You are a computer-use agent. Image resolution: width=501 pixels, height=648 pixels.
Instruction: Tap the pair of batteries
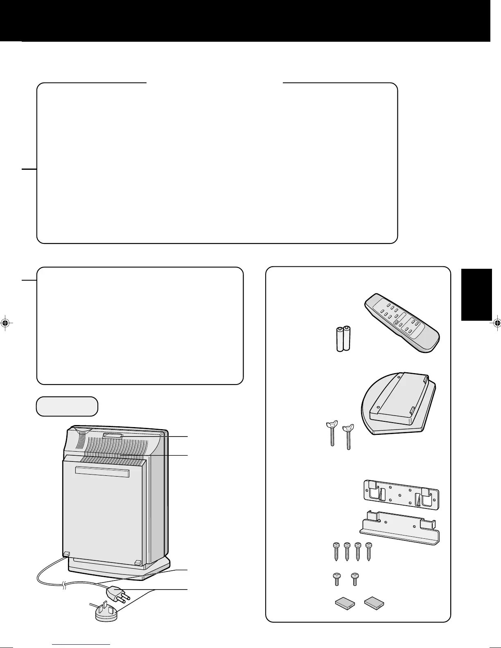click(x=343, y=338)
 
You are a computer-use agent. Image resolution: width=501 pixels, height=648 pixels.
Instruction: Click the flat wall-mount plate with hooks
click(x=401, y=494)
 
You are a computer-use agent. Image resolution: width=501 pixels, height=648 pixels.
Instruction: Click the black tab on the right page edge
click(x=476, y=295)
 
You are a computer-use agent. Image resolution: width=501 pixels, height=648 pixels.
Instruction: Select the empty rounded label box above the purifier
click(x=67, y=406)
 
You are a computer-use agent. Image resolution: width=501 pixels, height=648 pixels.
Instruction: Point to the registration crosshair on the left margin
click(x=5, y=323)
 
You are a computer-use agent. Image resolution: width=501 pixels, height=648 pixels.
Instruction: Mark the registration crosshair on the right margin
click(x=496, y=323)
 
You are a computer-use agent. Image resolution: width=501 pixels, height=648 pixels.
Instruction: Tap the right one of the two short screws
click(x=355, y=579)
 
